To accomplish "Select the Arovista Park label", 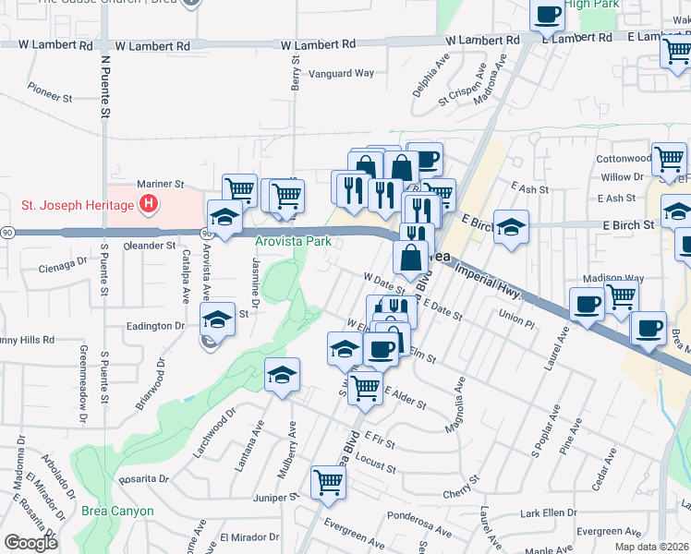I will pos(293,242).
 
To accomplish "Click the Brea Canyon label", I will pos(115,511).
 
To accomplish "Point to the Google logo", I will pos(30,542).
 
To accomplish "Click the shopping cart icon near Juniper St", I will pos(328,482).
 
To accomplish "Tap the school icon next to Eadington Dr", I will pos(216,321).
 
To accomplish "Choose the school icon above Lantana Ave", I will pos(283,374).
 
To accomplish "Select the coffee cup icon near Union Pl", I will pos(587,305).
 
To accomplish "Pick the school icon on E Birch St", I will pos(511,226).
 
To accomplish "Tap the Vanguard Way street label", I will pos(341,73).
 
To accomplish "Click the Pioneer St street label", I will pos(50,95).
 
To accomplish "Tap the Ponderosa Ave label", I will pos(419,516).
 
